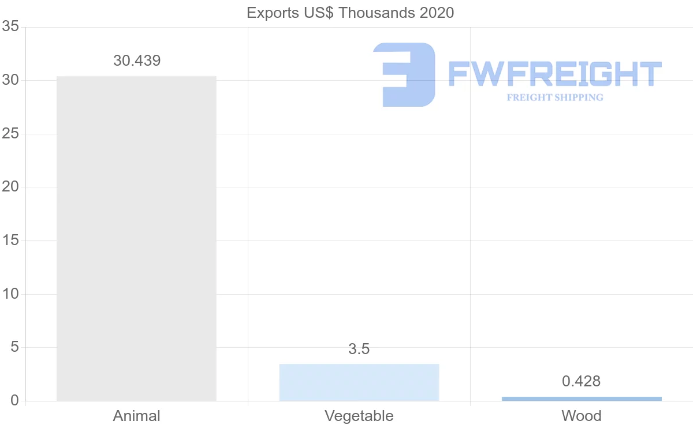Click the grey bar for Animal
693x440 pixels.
pyautogui.click(x=136, y=238)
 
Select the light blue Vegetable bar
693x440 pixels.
pyautogui.click(x=359, y=382)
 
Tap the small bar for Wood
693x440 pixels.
pyautogui.click(x=582, y=398)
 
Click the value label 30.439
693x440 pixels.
pyautogui.click(x=137, y=61)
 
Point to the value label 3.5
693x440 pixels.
pyautogui.click(x=359, y=349)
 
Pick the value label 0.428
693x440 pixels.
pyautogui.click(x=582, y=381)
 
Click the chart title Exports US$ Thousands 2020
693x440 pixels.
pyautogui.click(x=351, y=13)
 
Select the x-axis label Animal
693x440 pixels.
pyautogui.click(x=137, y=416)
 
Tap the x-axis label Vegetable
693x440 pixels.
pyautogui.click(x=359, y=416)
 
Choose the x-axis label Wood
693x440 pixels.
pyautogui.click(x=582, y=416)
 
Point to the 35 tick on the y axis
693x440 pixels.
pyautogui.click(x=11, y=27)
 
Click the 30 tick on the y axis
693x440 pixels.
pyautogui.click(x=11, y=81)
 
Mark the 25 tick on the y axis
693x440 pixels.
pyautogui.click(x=11, y=134)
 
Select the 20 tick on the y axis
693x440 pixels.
pyautogui.click(x=11, y=187)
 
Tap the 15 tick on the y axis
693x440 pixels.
pyautogui.click(x=11, y=240)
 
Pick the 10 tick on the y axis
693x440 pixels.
pyautogui.click(x=11, y=294)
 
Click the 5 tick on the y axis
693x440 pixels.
pyautogui.click(x=15, y=347)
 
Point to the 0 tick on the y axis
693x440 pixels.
pyautogui.click(x=15, y=401)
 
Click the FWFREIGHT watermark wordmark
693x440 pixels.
pyautogui.click(x=554, y=74)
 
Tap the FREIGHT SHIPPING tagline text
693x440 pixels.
pyautogui.click(x=555, y=97)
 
